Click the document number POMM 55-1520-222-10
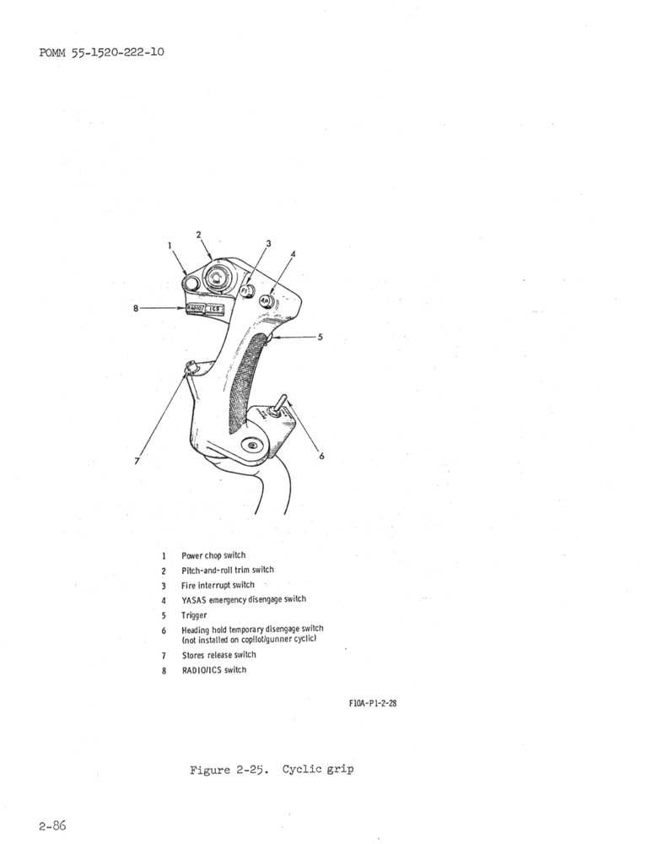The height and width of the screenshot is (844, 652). [101, 52]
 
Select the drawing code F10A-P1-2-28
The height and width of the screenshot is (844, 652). [372, 703]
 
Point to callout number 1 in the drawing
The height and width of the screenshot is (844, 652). [170, 246]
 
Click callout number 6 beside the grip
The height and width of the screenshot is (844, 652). [321, 457]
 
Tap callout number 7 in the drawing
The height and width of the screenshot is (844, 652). [137, 462]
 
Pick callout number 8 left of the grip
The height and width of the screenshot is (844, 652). [136, 308]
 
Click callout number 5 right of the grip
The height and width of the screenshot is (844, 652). [320, 337]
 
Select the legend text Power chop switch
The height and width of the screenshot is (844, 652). [213, 555]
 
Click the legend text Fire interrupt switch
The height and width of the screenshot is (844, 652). [218, 585]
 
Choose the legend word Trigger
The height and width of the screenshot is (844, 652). [194, 614]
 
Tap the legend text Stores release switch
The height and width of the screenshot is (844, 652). [218, 655]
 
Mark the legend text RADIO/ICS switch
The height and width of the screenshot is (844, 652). [214, 670]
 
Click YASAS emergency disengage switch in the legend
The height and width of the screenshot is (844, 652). [244, 599]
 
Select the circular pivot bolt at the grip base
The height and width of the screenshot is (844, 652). [251, 444]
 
